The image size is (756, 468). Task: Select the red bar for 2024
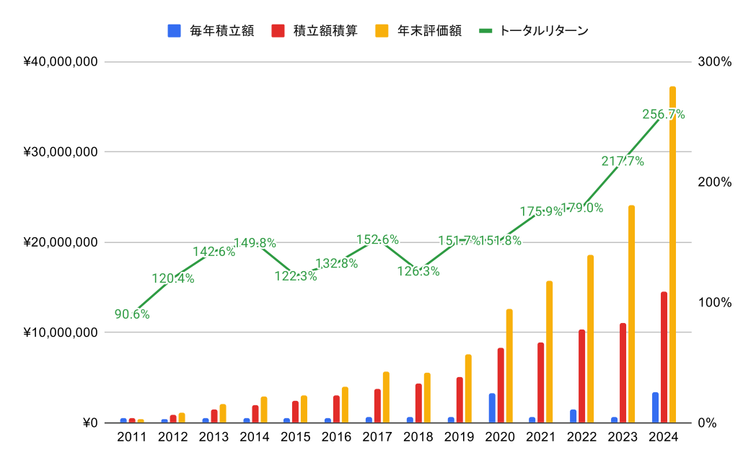664,357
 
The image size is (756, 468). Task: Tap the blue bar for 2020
492,408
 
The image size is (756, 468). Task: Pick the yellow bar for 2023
631,314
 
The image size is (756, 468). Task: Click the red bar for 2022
581,376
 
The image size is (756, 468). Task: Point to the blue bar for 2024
655,407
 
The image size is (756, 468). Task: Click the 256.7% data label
663,114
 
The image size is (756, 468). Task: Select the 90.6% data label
132,314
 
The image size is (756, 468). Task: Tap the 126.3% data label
418,272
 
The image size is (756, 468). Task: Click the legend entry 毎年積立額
211,31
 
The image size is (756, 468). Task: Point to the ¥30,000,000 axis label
61,152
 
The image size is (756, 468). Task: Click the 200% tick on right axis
714,182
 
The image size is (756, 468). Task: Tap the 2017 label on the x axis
378,437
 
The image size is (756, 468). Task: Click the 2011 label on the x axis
132,437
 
